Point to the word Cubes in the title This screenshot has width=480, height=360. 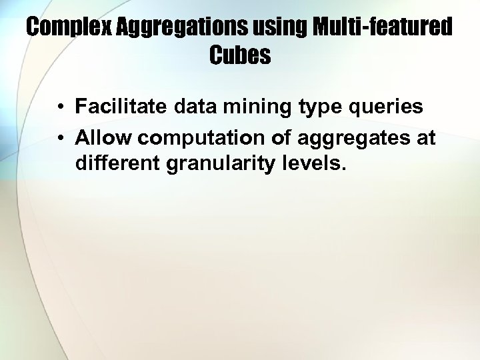pos(240,55)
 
